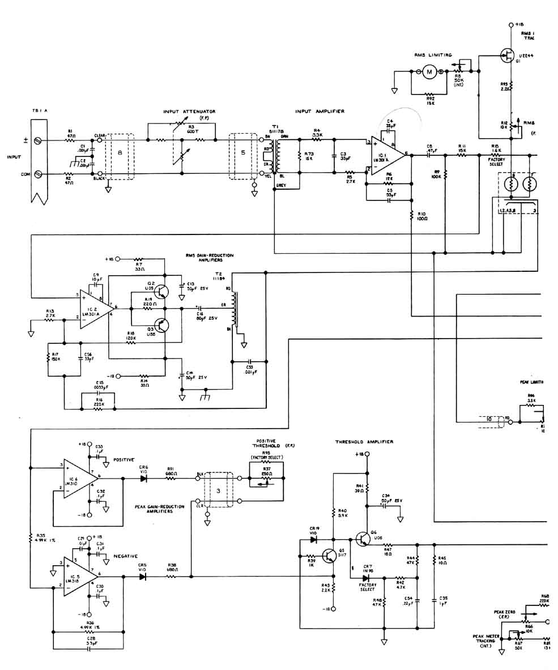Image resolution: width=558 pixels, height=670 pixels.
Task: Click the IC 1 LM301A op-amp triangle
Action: [387, 154]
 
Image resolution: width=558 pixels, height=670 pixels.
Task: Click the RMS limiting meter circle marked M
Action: [429, 71]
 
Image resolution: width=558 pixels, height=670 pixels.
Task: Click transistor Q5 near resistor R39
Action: [329, 556]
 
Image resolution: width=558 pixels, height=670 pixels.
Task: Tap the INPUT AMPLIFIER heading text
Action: [320, 112]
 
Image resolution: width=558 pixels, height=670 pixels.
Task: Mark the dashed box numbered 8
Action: [120, 156]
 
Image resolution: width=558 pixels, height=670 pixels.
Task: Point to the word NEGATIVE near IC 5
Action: [125, 556]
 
